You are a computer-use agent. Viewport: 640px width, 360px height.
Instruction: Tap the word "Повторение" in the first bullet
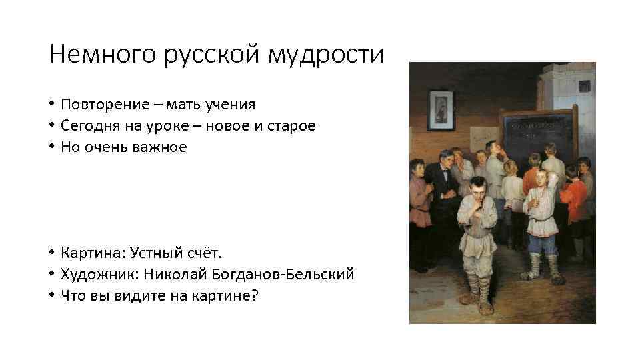(x=101, y=105)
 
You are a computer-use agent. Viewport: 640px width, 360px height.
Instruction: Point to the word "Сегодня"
(x=86, y=125)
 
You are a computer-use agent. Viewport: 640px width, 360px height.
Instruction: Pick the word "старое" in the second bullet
(x=291, y=125)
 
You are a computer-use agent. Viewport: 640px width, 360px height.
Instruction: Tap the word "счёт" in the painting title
(x=207, y=253)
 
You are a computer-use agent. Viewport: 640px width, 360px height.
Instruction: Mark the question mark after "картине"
(x=253, y=295)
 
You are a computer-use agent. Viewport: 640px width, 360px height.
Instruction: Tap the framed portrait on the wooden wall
(x=440, y=110)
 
